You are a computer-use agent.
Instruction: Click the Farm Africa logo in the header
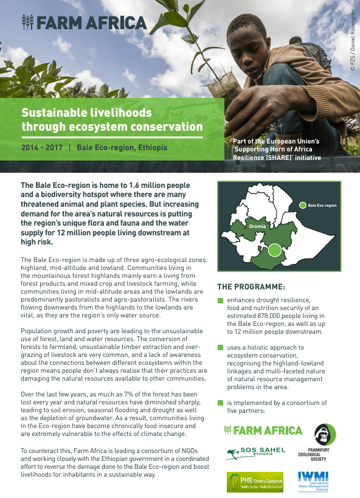point(84,23)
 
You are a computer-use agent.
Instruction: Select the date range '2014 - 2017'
point(42,148)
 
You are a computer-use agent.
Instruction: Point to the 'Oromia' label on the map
point(258,226)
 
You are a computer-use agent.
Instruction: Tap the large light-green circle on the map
point(275,249)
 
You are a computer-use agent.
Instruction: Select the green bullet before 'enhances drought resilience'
point(220,300)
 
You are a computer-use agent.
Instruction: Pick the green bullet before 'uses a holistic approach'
point(220,347)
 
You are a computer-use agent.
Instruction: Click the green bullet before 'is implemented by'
point(220,403)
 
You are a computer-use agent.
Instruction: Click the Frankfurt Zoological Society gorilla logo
point(322,435)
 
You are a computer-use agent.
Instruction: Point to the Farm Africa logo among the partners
point(263,431)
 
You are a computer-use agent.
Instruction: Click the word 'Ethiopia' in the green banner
point(151,148)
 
